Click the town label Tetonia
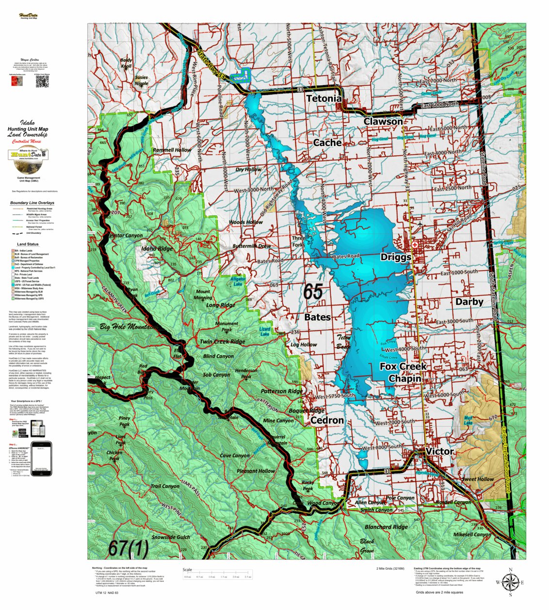[x=323, y=98]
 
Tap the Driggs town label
[x=396, y=257]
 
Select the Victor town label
[x=439, y=451]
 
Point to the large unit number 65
[x=313, y=292]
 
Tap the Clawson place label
[x=383, y=121]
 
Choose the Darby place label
[x=469, y=302]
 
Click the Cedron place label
[x=327, y=420]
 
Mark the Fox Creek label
[x=403, y=367]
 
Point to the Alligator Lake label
[x=238, y=282]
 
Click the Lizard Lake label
[x=264, y=332]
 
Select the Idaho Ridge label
[x=157, y=249]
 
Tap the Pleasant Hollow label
[x=256, y=471]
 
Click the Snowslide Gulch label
[x=171, y=537]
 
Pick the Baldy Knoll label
[x=126, y=63]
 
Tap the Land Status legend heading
[x=28, y=244]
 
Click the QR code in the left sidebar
[x=42, y=82]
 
